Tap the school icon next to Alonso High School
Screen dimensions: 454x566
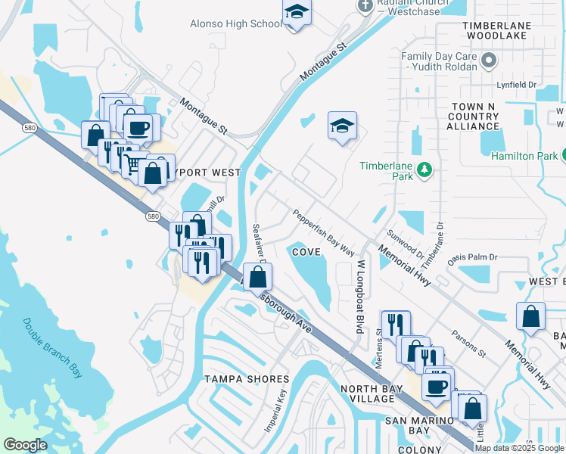pos(297,13)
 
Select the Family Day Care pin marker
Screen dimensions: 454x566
pos(490,61)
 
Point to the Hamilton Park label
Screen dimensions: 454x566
pos(523,155)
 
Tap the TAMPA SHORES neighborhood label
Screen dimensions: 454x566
pos(247,378)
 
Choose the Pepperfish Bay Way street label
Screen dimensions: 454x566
pos(324,232)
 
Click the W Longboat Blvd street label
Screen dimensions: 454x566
pos(361,288)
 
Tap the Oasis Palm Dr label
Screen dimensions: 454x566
pos(473,257)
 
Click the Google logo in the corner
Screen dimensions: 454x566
pos(26,444)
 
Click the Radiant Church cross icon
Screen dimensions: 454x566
pos(365,5)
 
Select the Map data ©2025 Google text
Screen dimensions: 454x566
pos(520,447)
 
